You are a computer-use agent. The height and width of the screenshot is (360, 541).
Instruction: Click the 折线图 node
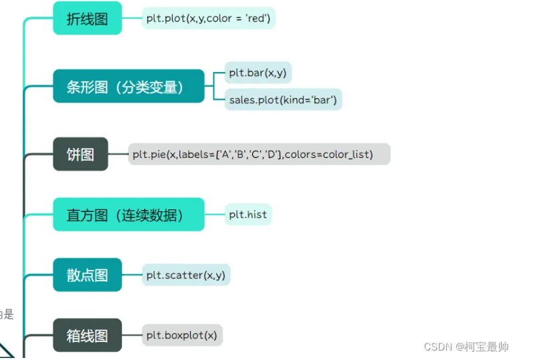(87, 18)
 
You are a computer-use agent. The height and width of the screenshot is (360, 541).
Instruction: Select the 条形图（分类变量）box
(129, 87)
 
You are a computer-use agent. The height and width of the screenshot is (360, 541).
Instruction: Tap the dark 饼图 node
(80, 155)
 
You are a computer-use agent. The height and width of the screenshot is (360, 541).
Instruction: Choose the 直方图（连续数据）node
(129, 215)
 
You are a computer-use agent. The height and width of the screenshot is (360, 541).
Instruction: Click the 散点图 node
(87, 275)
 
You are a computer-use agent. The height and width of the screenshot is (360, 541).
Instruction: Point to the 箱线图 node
(87, 335)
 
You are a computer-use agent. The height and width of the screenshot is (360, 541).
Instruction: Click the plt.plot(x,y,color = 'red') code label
(208, 18)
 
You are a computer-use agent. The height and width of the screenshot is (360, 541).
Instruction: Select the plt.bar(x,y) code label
(257, 73)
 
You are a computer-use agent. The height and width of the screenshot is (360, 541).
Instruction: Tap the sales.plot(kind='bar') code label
(283, 100)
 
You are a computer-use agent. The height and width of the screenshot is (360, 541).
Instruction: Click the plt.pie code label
(259, 155)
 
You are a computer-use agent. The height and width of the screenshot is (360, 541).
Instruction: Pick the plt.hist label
(248, 215)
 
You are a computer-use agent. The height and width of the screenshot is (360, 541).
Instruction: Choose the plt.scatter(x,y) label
(185, 275)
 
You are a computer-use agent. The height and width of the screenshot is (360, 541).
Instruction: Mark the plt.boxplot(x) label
(181, 335)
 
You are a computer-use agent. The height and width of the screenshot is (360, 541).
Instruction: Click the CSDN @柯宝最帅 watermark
(466, 347)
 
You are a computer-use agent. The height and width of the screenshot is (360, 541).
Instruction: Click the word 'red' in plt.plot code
(257, 18)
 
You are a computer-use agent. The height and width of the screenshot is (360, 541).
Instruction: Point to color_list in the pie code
(348, 155)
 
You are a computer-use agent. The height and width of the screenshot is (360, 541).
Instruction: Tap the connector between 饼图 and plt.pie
(118, 155)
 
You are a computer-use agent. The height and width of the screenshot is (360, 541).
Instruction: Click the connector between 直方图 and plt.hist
(214, 215)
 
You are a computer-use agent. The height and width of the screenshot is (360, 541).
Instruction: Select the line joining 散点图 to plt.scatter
(131, 275)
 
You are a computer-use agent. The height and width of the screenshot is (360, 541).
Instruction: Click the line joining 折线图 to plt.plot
(131, 18)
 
